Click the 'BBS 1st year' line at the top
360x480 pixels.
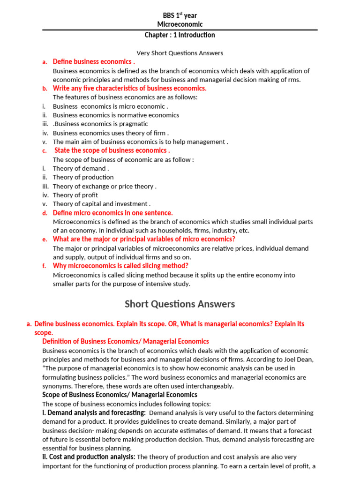point(180,15)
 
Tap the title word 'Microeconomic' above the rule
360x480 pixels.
point(180,24)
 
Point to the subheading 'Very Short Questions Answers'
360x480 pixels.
point(180,53)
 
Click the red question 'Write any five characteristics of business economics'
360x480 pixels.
point(129,88)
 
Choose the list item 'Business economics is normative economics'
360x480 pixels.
point(116,115)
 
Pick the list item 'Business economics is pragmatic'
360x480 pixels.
point(101,124)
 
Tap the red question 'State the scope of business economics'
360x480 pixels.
point(112,150)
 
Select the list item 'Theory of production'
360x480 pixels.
point(83,177)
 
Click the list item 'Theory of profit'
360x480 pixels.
point(75,195)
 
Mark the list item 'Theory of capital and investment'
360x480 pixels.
point(101,204)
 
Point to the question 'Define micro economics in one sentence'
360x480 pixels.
point(112,213)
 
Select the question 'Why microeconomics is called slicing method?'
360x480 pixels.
point(120,266)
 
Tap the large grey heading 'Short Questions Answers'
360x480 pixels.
point(180,304)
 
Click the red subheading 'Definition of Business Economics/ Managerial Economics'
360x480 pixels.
point(126,342)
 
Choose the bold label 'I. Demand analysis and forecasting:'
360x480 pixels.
point(94,413)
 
